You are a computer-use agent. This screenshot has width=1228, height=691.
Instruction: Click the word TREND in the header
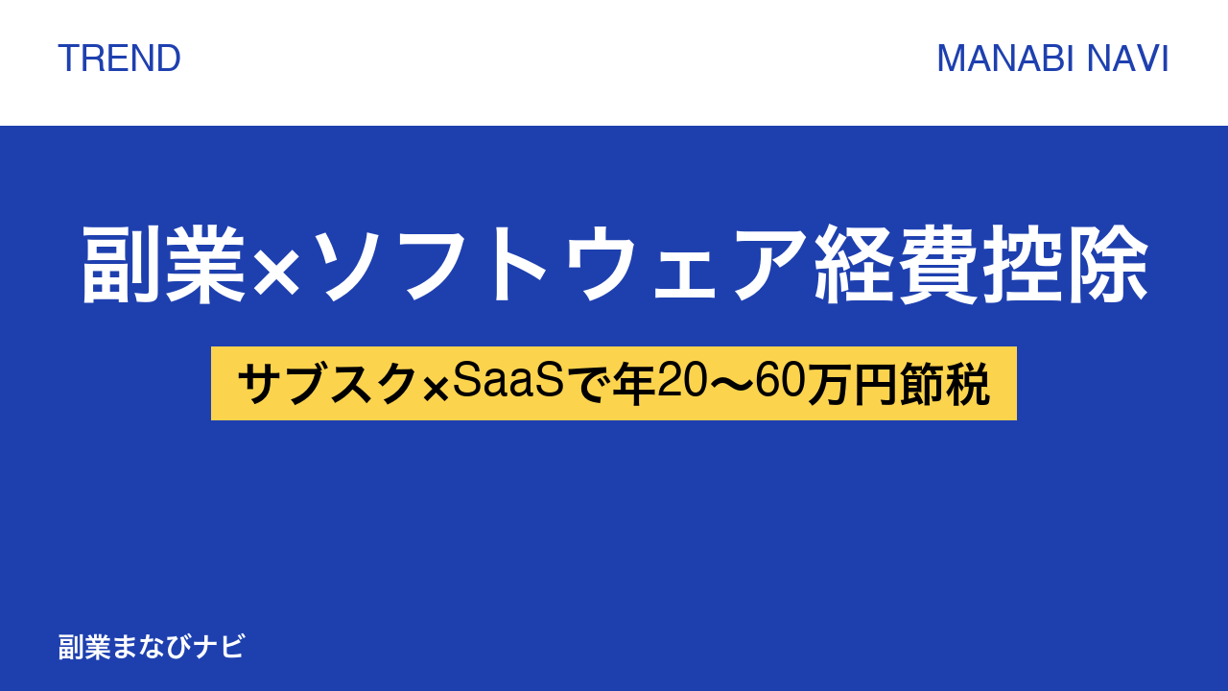point(119,59)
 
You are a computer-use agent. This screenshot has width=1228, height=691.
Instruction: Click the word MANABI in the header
point(1005,59)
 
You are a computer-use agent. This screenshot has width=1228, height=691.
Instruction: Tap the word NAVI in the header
point(1127,59)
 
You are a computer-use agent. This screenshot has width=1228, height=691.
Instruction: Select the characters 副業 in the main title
point(163,264)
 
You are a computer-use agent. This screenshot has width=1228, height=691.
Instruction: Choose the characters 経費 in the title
point(897,264)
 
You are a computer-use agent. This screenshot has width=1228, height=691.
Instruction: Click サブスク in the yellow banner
point(327,384)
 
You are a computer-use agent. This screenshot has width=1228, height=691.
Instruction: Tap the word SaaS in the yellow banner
point(508,381)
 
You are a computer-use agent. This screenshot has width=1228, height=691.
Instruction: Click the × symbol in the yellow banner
point(436,390)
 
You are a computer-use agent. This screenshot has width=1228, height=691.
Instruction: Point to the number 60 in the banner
point(777,382)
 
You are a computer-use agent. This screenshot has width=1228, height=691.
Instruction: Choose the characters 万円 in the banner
point(852,384)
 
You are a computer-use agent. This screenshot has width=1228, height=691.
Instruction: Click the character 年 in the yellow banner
point(634,384)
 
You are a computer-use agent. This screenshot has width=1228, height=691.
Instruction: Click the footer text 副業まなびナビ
point(152,647)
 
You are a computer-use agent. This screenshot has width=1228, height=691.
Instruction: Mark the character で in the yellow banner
point(589,385)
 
